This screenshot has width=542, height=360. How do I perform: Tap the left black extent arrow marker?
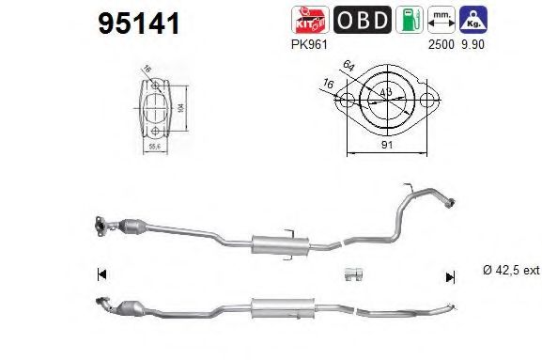(x=102, y=275)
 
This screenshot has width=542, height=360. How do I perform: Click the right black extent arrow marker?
(x=450, y=276)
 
